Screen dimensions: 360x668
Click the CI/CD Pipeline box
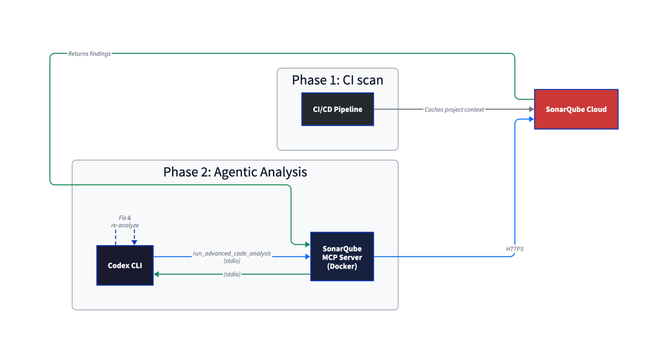coord(338,109)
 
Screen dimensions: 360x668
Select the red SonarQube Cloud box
coord(576,109)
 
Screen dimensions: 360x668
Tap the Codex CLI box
coord(125,265)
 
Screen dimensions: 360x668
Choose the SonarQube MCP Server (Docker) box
coord(342,257)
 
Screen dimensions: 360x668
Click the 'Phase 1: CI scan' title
coord(338,80)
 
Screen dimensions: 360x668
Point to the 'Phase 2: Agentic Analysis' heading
coord(235,172)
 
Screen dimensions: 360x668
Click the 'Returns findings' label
coord(89,54)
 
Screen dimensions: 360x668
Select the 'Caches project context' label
coord(454,110)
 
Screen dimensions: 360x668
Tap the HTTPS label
coord(515,249)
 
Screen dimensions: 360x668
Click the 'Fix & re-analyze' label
coord(125,222)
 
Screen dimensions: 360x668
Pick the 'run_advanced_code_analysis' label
coord(232,253)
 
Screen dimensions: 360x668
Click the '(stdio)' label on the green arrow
coord(232,274)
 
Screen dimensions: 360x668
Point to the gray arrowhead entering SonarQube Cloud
coord(531,109)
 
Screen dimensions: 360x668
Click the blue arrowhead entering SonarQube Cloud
coord(531,119)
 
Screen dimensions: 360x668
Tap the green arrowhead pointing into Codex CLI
coord(156,274)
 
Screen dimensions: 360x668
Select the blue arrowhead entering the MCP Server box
coord(308,257)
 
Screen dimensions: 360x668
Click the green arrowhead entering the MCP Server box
coord(308,244)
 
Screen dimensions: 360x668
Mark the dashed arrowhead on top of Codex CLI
coord(134,242)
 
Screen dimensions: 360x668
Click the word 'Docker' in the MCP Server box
coord(342,266)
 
